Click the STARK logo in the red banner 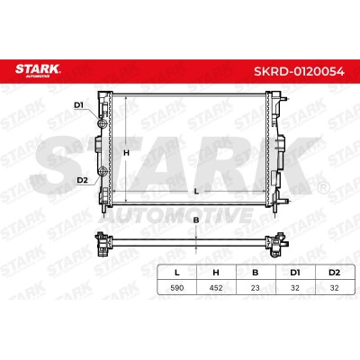[38, 70]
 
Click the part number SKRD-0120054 [299, 71]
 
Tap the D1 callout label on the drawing [78, 105]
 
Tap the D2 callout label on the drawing [82, 180]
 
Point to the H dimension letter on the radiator [126, 153]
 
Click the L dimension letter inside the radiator [196, 192]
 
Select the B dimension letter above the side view [196, 220]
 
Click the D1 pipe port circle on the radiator [103, 123]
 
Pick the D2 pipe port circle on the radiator [103, 172]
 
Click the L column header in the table [177, 273]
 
